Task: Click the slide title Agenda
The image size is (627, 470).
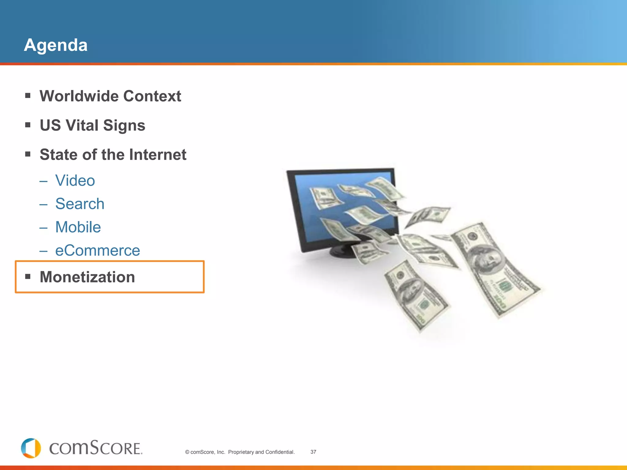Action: click(x=56, y=45)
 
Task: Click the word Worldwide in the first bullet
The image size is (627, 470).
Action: click(x=79, y=96)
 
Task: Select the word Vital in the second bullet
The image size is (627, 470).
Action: click(x=82, y=125)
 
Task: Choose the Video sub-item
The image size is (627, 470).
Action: click(x=75, y=181)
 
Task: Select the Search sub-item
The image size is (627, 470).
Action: click(x=80, y=204)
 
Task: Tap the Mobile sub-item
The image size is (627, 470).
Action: click(x=78, y=227)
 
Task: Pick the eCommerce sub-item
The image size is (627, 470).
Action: click(x=97, y=250)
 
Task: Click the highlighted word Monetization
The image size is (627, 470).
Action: click(x=87, y=277)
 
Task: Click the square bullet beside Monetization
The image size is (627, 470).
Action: click(x=28, y=277)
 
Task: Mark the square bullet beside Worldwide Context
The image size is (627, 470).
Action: click(x=28, y=96)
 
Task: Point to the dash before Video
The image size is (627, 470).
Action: click(x=43, y=181)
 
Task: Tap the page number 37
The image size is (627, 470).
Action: click(x=313, y=452)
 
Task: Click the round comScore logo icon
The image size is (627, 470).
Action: click(x=31, y=448)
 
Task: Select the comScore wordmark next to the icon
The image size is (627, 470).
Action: click(x=96, y=448)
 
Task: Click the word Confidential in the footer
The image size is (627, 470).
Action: click(x=280, y=452)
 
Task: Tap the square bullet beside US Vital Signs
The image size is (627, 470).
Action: click(x=28, y=125)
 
